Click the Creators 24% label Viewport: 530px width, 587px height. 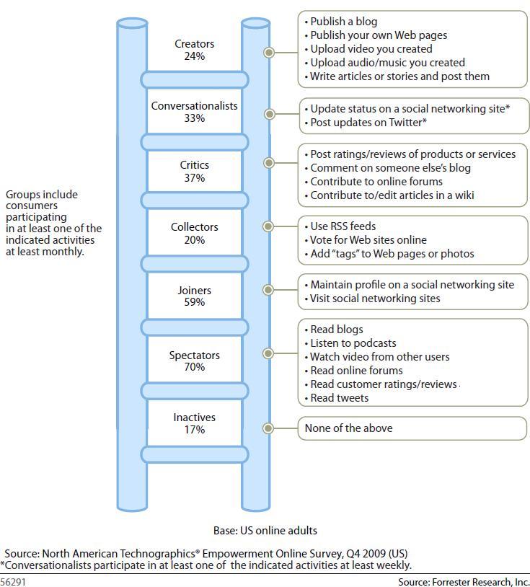194,50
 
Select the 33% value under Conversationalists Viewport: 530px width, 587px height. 194,118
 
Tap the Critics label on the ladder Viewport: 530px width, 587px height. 194,165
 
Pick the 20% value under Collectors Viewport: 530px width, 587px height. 194,240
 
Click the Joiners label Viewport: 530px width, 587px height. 194,291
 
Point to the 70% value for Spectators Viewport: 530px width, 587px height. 194,367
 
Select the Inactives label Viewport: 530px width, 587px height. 194,418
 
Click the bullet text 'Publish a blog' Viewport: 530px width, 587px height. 343,22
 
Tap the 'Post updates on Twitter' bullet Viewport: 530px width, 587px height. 368,123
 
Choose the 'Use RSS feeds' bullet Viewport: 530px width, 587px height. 343,226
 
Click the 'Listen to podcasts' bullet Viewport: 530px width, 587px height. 353,343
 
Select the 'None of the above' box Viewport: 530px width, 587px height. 412,428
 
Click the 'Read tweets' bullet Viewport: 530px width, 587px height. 339,398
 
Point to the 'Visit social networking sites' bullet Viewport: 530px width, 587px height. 375,299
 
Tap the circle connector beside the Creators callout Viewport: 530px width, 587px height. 269,52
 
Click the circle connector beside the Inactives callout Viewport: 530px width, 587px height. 269,428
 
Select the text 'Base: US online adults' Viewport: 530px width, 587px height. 265,531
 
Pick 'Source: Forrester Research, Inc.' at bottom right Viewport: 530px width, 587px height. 464,581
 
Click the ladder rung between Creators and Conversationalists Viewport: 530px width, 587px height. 194,79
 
